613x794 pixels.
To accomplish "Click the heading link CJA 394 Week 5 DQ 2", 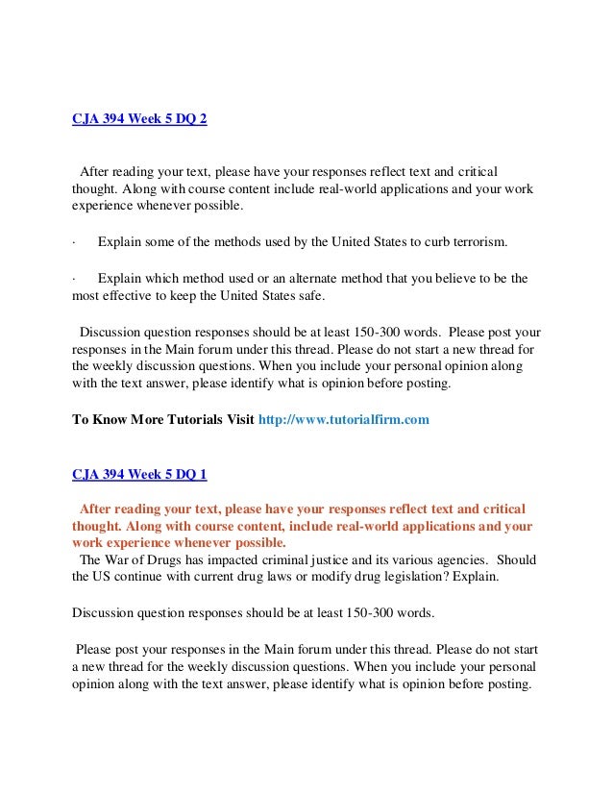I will (x=139, y=120).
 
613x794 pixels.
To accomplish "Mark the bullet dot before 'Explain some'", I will (x=74, y=240).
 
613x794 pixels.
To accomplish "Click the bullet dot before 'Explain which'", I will (x=74, y=279).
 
